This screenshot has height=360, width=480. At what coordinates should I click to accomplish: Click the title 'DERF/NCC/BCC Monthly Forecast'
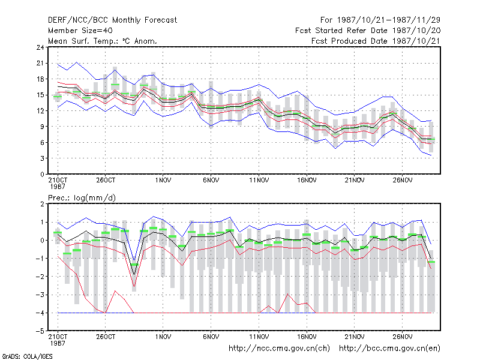click(112, 20)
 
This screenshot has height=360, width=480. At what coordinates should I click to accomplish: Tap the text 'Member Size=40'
click(80, 31)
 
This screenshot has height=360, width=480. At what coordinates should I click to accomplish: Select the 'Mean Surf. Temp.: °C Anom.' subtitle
click(103, 41)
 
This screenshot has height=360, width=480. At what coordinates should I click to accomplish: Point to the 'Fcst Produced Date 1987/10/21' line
click(376, 41)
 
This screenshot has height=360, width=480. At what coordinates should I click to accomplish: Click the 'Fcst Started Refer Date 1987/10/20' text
click(368, 31)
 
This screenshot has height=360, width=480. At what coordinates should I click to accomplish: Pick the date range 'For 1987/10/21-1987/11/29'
click(380, 20)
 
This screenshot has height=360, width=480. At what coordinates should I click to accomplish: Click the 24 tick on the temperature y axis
click(40, 47)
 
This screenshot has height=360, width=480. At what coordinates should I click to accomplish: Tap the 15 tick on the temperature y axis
click(40, 95)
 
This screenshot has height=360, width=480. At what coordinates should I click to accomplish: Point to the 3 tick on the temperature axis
click(42, 158)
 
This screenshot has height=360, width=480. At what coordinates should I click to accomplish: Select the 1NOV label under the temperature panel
click(163, 180)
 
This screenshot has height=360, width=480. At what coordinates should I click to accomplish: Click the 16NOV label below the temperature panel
click(307, 180)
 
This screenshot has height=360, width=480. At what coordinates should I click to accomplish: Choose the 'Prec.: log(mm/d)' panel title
click(82, 198)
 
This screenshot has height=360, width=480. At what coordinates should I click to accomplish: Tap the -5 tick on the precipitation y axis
click(40, 331)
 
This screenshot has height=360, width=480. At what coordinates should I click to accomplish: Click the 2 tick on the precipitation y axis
click(42, 204)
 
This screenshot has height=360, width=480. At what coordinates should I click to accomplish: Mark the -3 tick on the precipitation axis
click(40, 295)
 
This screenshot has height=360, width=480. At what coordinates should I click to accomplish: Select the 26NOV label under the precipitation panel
click(403, 337)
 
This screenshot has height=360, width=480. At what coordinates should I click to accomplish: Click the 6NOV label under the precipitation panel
click(211, 337)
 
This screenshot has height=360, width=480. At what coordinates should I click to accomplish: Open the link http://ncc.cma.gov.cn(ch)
click(279, 349)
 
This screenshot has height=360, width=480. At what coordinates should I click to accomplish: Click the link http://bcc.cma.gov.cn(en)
click(389, 349)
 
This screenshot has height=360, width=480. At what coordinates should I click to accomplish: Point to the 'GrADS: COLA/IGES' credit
click(27, 356)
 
